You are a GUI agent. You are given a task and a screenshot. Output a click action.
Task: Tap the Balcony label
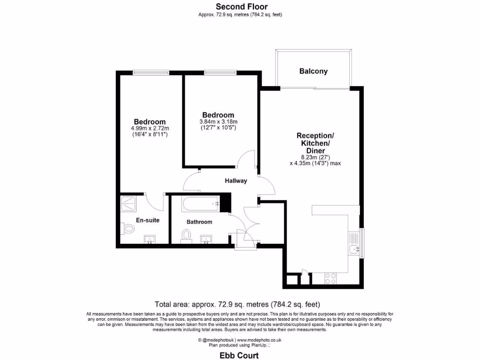[x=313, y=71]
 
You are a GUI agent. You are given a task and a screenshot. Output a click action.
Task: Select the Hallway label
[x=235, y=180]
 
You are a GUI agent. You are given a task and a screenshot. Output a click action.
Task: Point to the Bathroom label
[x=199, y=222]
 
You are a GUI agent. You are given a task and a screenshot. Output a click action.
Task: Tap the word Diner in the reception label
[x=315, y=150]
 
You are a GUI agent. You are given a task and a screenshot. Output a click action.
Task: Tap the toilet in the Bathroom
[x=186, y=235]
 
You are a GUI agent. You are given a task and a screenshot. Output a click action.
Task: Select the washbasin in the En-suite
[x=150, y=240]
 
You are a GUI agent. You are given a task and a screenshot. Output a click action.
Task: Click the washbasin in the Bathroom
[x=206, y=240]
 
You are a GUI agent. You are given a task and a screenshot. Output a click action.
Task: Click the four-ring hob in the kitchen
[x=330, y=278]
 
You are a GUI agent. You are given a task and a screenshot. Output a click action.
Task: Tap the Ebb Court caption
[x=240, y=355]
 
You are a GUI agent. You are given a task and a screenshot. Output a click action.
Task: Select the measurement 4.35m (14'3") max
[x=315, y=163]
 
